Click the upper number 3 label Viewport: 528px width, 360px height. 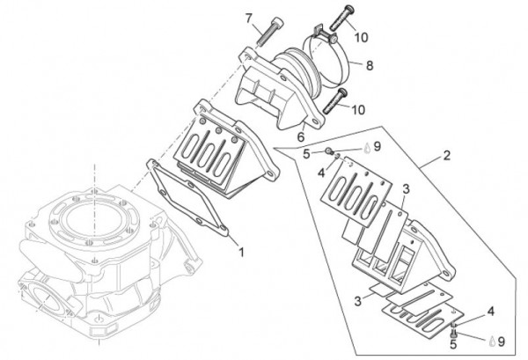click(x=406, y=189)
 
